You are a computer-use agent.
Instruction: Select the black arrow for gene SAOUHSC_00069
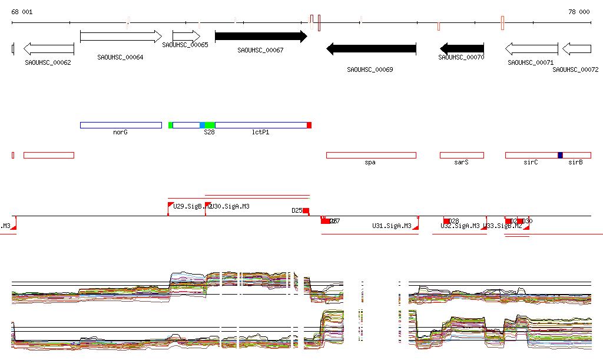371,49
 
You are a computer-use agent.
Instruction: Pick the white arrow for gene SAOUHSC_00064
121,37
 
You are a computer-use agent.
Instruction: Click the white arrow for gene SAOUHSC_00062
48,49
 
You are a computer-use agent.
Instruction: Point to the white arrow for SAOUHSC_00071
531,49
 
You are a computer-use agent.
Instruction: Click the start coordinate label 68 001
22,12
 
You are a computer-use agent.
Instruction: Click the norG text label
120,133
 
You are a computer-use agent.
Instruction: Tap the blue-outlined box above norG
121,125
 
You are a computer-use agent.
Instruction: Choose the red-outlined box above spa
371,155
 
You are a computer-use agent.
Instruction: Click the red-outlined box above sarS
462,155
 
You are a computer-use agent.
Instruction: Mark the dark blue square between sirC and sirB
560,155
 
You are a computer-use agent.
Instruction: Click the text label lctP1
260,133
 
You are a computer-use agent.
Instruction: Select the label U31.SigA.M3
392,226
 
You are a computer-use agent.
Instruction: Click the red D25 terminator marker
306,210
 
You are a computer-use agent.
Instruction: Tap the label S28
209,133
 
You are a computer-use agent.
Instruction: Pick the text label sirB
575,162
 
